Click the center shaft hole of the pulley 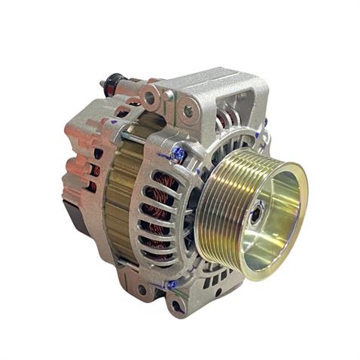[x=259, y=214]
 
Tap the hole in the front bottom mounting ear [x=178, y=306]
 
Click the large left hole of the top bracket [x=150, y=97]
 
